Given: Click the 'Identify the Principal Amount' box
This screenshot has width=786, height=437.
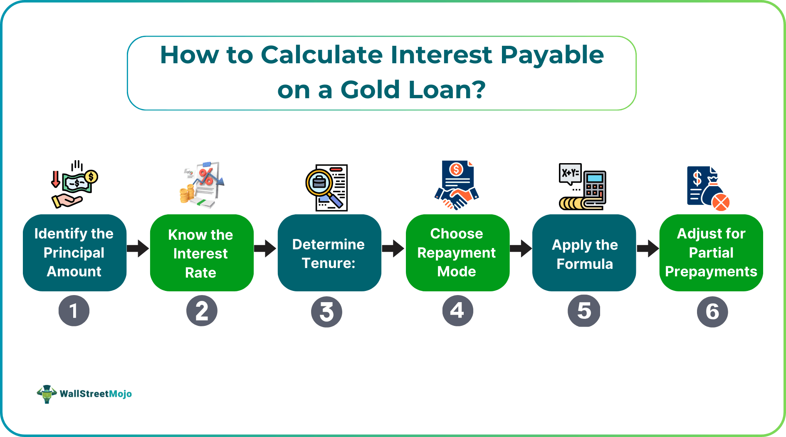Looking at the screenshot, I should coord(74,253).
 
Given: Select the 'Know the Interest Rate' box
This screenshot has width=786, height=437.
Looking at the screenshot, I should coord(202,253).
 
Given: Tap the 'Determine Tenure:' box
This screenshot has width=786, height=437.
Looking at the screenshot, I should coord(329,253).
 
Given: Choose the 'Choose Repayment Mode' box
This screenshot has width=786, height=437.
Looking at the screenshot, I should coord(457,253).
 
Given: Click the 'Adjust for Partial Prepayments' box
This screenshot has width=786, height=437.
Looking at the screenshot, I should coord(711,253).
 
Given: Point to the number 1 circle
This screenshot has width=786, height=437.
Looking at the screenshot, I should coord(74,311).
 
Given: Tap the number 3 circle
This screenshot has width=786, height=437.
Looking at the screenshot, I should coord(326,312).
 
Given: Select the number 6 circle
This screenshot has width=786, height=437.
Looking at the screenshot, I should coord(712,312).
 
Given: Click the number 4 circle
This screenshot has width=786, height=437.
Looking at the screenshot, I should coord(457,311).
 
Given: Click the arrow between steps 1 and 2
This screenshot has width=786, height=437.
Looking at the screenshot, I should coord(138,248).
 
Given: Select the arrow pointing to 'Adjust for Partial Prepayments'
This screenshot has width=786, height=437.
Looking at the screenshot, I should coord(648,248).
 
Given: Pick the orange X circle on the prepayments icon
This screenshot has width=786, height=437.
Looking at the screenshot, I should coord(721,202).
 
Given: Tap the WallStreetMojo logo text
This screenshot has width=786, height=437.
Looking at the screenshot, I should coord(96,394).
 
